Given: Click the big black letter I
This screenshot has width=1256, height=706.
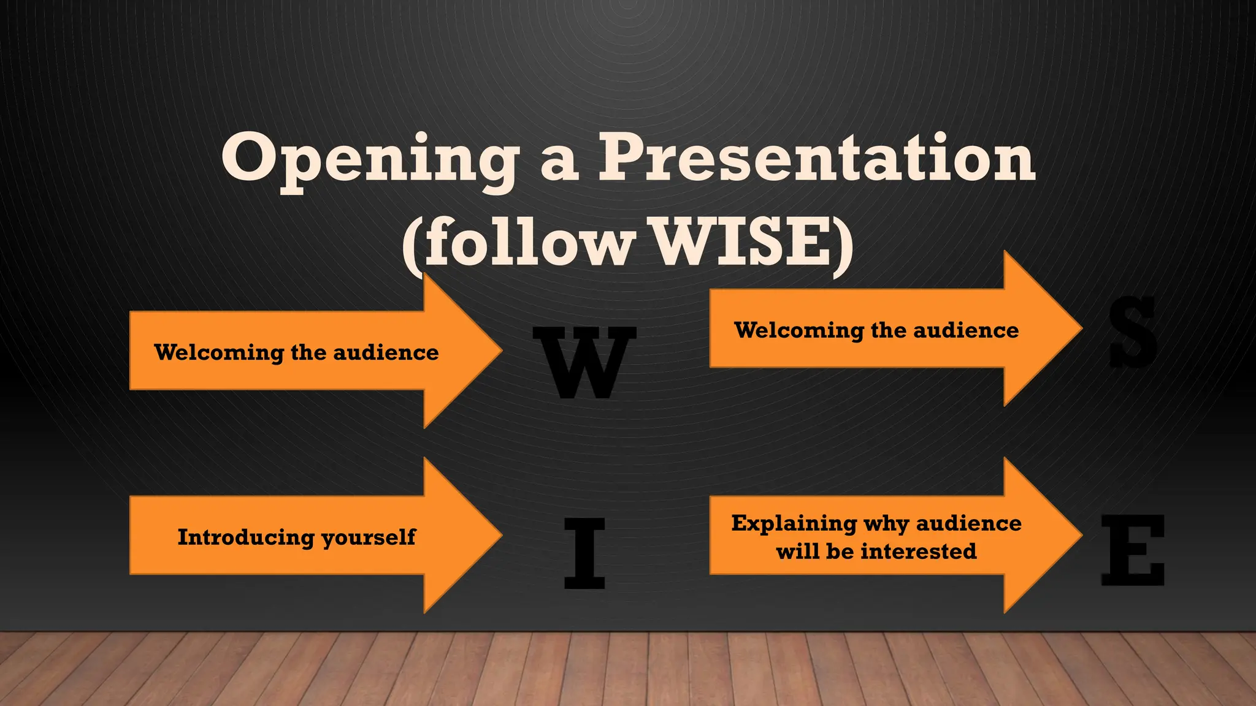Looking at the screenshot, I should [x=584, y=553].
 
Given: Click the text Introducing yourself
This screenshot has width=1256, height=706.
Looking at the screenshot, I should [x=296, y=537].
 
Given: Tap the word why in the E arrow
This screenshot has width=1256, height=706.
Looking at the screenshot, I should [x=886, y=524].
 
